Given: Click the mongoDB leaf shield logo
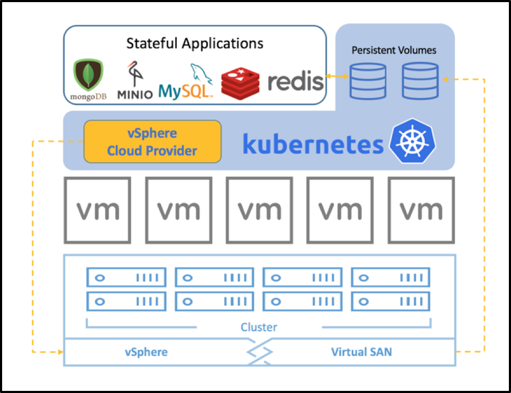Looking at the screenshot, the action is (x=88, y=75).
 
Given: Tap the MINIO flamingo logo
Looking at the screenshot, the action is (x=134, y=74).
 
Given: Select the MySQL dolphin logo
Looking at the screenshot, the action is (x=201, y=74).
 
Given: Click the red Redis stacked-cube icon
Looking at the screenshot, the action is (x=240, y=84).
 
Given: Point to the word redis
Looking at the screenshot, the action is (x=295, y=81).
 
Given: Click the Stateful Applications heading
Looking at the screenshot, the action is (x=195, y=43).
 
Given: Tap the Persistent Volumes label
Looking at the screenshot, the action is (x=394, y=50).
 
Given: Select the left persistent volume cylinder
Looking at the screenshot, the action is (x=368, y=81).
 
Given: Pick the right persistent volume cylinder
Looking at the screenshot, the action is (x=420, y=81).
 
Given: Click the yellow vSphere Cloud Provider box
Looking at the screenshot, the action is (x=152, y=141).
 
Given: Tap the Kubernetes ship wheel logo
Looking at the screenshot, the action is (x=413, y=141).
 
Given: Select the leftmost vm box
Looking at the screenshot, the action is (x=97, y=210).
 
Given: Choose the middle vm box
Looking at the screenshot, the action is (x=259, y=210).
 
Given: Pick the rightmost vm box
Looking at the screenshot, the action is (x=421, y=210).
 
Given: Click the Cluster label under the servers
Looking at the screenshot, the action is (x=259, y=327).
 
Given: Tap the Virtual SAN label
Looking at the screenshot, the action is (x=361, y=352).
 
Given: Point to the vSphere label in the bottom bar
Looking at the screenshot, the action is (x=147, y=352).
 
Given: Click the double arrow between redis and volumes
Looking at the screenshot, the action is (x=337, y=76).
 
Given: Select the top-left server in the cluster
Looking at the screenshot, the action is (x=126, y=277).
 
